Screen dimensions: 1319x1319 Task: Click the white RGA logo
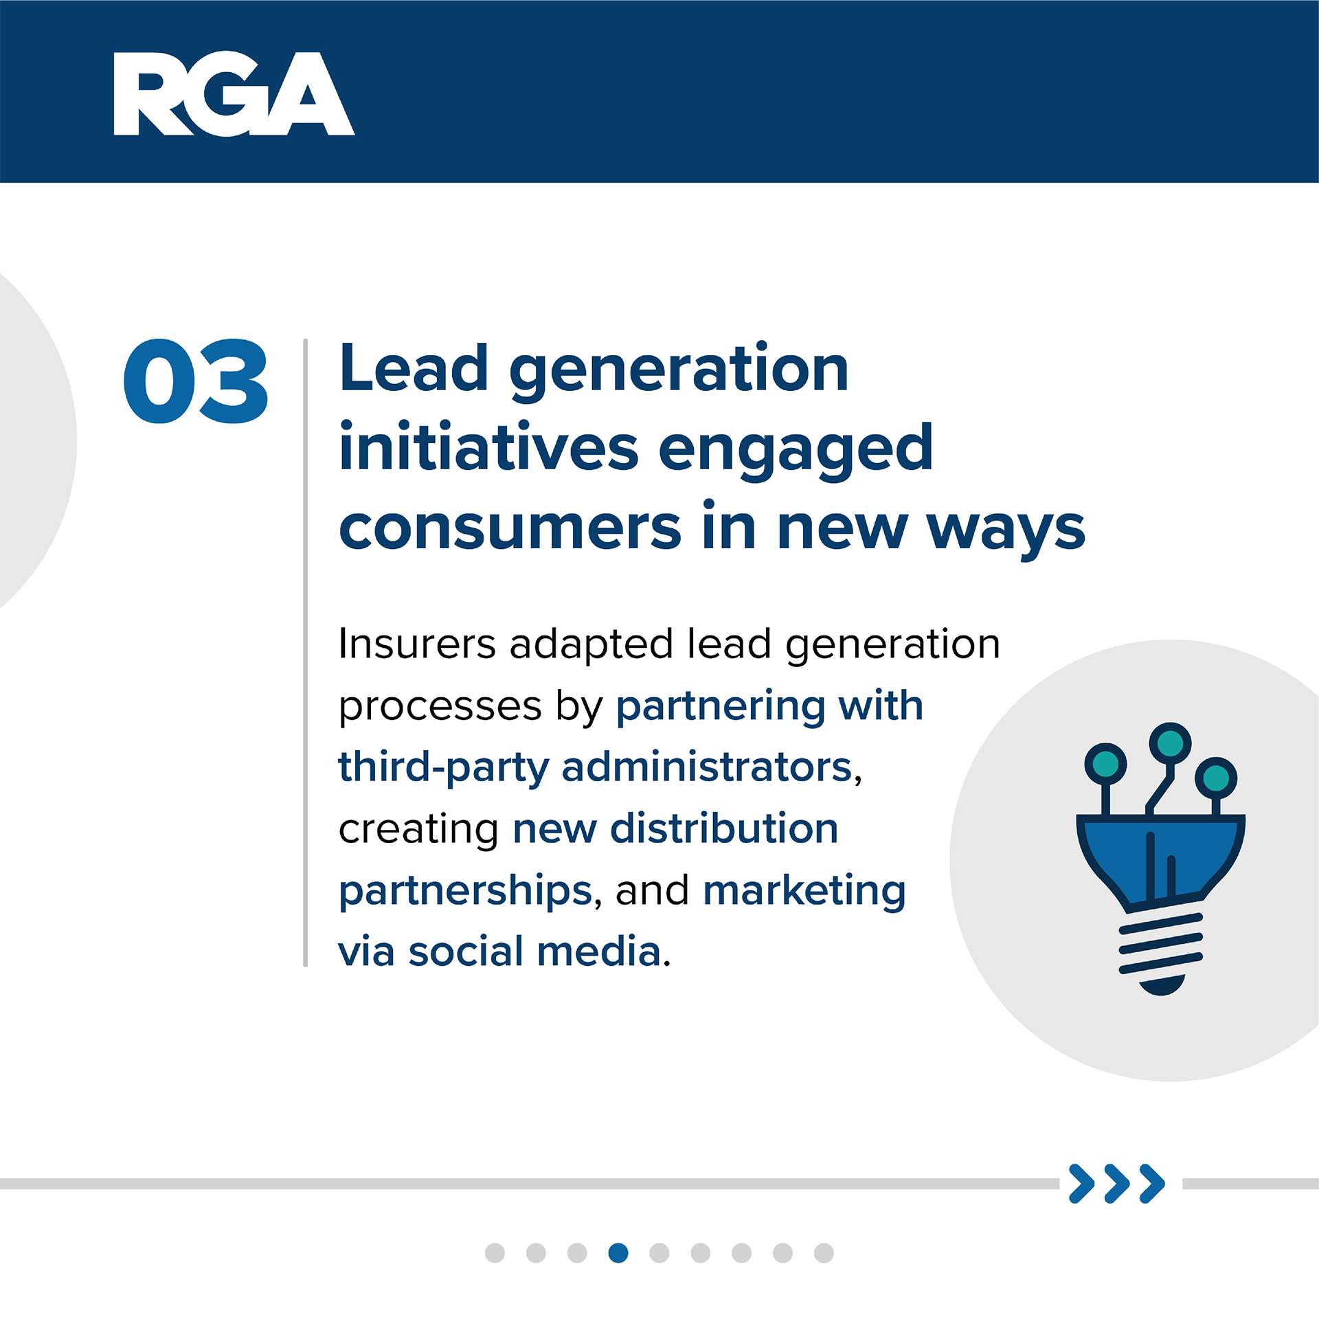point(234,93)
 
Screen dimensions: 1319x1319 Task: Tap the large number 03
point(196,381)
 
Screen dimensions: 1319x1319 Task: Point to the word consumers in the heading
point(510,528)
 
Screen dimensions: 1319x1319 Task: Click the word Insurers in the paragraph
point(417,644)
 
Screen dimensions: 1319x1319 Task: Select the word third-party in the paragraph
point(444,768)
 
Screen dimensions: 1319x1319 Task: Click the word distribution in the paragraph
point(724,828)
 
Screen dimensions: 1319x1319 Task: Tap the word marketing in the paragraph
point(804,892)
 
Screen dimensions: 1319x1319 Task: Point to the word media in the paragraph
point(599,952)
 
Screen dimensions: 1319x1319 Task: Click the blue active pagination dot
point(618,1253)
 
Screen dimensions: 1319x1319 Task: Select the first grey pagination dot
point(495,1253)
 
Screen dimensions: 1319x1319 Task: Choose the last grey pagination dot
point(824,1253)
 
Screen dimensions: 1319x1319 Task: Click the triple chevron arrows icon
point(1117,1184)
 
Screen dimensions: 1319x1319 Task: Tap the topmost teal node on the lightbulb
point(1170,743)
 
